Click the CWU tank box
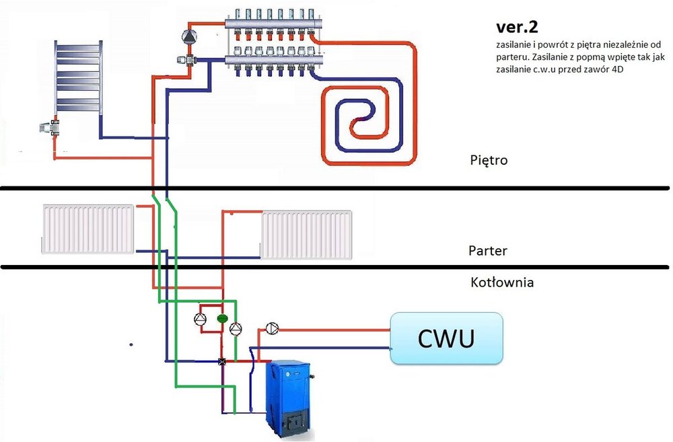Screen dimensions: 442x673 (x=447, y=338)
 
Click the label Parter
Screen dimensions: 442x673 (x=487, y=251)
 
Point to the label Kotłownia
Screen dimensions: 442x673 (x=501, y=283)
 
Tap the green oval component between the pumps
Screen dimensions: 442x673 (x=221, y=316)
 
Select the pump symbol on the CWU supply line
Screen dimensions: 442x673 (x=272, y=328)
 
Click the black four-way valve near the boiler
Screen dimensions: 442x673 (x=222, y=361)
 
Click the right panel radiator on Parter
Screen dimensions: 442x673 (x=307, y=234)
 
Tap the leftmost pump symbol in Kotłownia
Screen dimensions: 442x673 (x=201, y=318)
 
